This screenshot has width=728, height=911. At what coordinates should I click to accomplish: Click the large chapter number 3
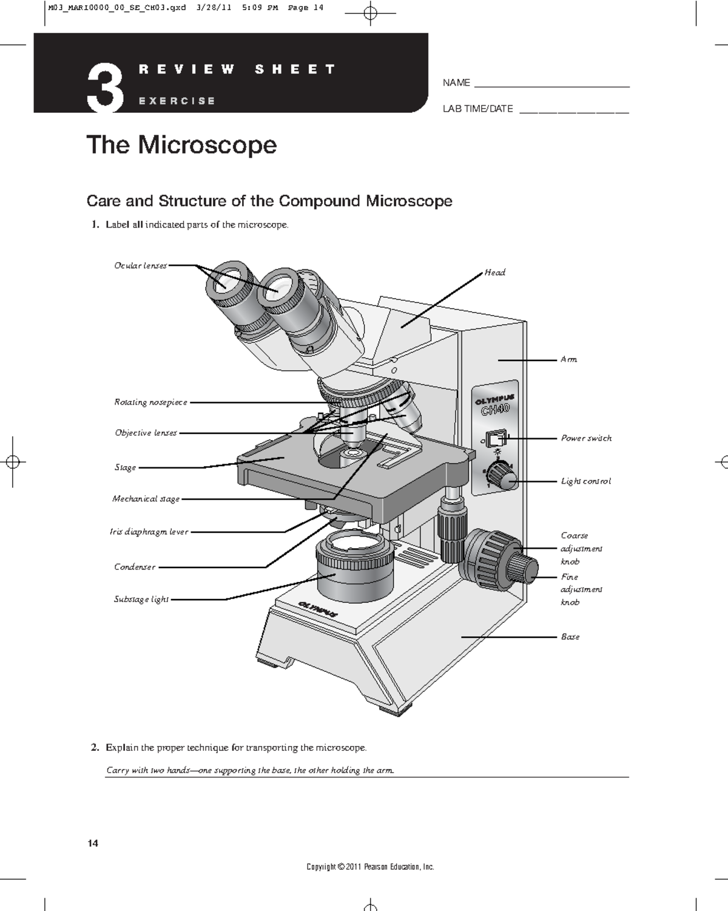[x=105, y=89]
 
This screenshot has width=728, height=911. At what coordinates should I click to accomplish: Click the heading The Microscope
[x=181, y=145]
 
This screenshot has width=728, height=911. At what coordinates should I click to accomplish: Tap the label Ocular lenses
[x=140, y=266]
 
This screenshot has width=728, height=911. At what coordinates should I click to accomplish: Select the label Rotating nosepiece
[x=150, y=402]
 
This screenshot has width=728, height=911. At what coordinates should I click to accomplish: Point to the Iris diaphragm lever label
[x=149, y=532]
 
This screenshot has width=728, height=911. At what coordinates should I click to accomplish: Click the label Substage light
[x=141, y=600]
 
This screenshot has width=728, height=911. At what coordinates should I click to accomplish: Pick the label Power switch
[x=585, y=438]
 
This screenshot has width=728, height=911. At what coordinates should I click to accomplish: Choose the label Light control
[x=585, y=481]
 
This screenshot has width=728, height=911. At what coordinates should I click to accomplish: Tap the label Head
[x=494, y=273]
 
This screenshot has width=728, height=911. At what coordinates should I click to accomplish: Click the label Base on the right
[x=570, y=637]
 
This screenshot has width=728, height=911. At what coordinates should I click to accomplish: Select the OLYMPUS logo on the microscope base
[x=317, y=609]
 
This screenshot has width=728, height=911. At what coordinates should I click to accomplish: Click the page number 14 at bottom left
[x=93, y=843]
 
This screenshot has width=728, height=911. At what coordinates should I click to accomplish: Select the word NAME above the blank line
[x=456, y=83]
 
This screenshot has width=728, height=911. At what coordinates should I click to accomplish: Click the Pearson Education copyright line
[x=370, y=867]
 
